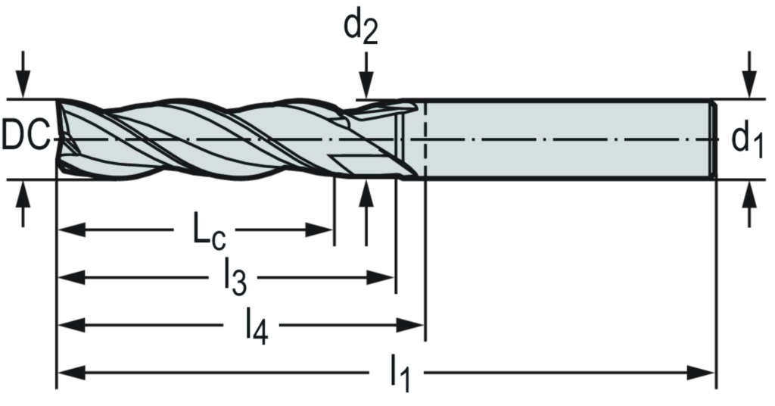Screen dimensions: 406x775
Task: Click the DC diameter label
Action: pos(25,139)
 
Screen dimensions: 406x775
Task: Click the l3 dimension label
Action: pos(235,278)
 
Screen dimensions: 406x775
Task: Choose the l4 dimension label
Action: pos(257,326)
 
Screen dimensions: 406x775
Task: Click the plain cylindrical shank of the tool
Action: pos(568,139)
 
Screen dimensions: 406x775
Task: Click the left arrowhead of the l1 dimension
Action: pos(68,373)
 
